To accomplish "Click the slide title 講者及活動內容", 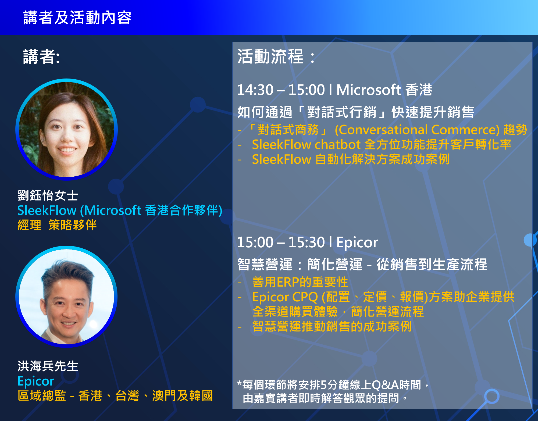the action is point(77,18).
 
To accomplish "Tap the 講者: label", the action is point(41,57).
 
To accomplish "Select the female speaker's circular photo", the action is point(66,129).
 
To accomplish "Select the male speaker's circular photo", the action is point(66,297).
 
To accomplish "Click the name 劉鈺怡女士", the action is point(48,195).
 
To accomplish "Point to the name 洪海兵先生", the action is point(48,366).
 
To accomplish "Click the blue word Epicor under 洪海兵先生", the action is point(36,381).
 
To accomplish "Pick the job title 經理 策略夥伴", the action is point(57,225).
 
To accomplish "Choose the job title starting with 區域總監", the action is point(115,396).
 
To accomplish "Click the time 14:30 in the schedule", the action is point(255,90).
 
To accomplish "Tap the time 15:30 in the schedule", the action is point(307,242).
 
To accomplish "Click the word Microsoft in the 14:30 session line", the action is point(369,90).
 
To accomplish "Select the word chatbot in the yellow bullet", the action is point(338,145).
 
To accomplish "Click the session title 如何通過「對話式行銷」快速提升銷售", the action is point(356,112).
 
